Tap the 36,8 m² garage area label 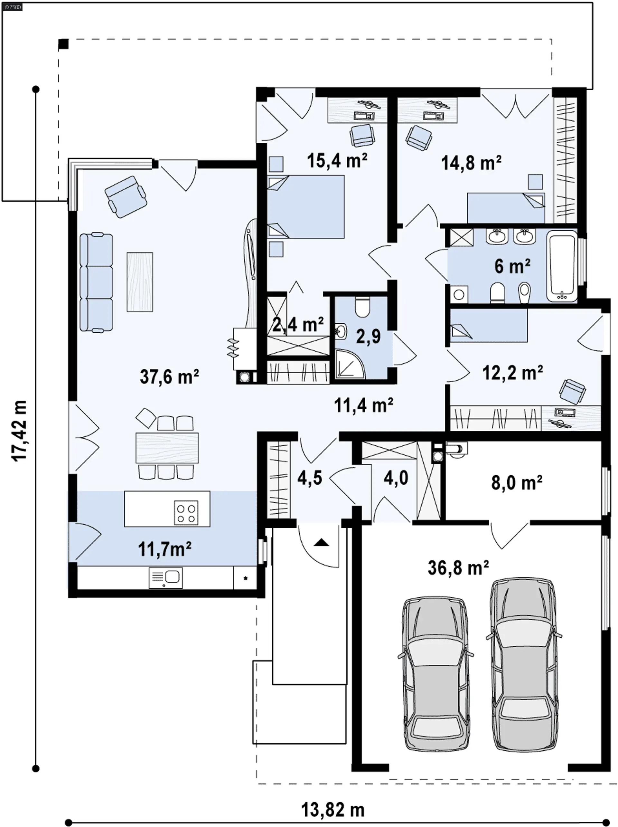coord(458,567)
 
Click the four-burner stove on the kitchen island coord(186,513)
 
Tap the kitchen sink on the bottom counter coord(165,578)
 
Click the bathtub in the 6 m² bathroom coord(562,266)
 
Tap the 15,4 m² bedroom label coord(337,160)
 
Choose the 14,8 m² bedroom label coord(471,163)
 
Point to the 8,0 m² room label coord(517,483)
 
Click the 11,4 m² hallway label coord(363,405)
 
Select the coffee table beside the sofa coord(140,282)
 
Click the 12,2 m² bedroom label coord(513,372)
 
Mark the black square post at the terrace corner coord(63,44)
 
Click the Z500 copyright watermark coord(12,7)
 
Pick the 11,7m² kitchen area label coord(165,549)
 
